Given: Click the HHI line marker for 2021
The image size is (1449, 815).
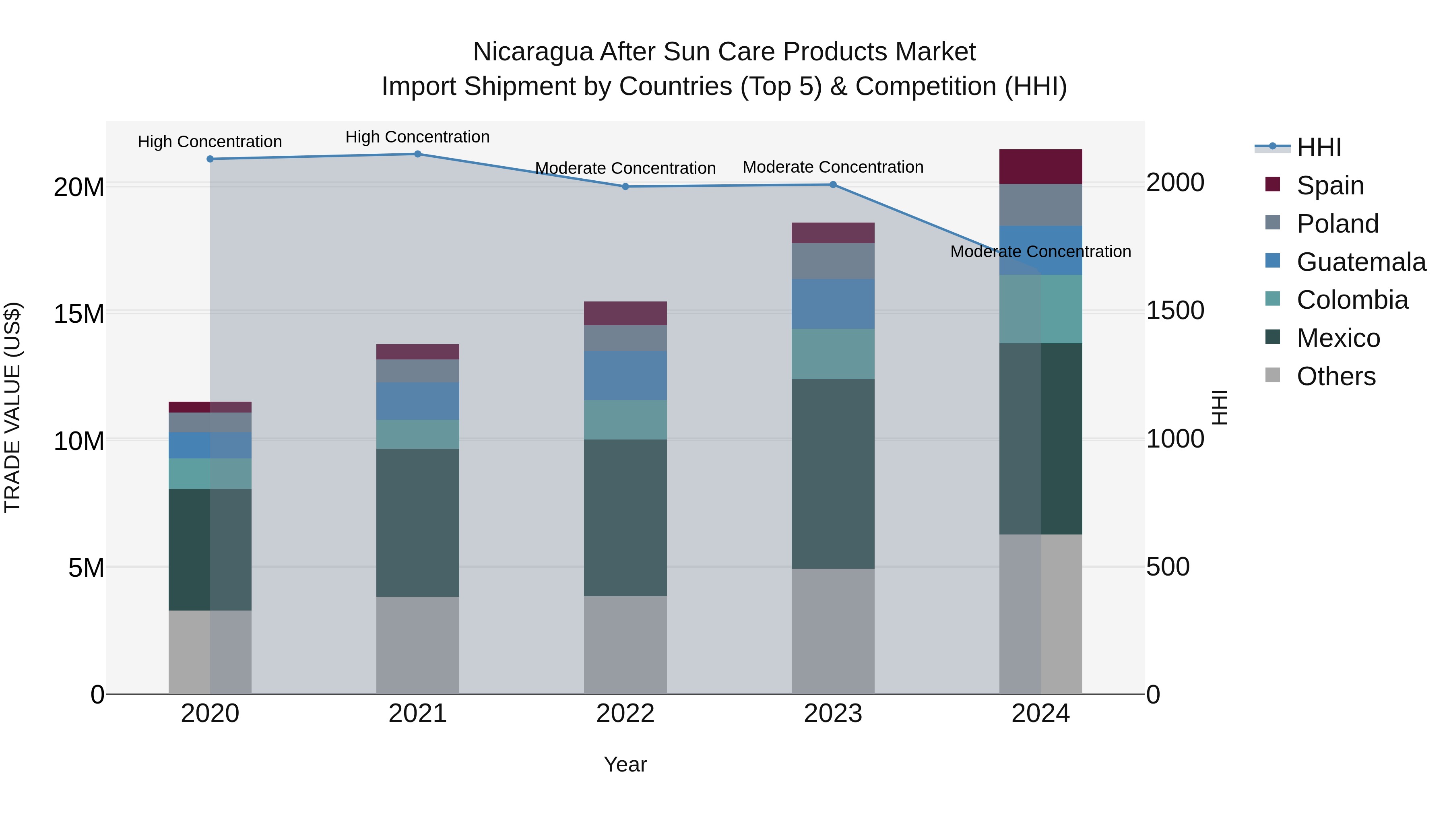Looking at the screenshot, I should tap(417, 154).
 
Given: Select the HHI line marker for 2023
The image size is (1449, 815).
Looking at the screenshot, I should tap(833, 184).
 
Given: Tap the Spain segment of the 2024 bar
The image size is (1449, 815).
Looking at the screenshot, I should tap(1040, 167).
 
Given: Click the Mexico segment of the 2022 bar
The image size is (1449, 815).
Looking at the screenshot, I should tap(625, 518).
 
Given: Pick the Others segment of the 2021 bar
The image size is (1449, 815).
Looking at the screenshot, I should tap(417, 645).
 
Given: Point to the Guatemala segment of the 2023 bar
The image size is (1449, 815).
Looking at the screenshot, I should tap(833, 304).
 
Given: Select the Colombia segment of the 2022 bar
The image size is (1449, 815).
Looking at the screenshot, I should tap(625, 420).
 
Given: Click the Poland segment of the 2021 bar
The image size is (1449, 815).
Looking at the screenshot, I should tap(417, 371).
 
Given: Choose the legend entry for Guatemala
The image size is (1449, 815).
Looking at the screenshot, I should tap(1361, 262).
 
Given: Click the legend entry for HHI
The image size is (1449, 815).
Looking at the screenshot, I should tap(1319, 147).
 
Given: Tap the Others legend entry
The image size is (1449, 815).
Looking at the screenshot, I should tap(1336, 376).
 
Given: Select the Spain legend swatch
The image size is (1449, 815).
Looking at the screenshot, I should tap(1272, 184).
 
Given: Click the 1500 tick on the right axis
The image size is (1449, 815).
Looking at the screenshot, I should tap(1175, 310).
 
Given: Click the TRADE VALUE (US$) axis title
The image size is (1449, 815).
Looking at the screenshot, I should tap(12, 407).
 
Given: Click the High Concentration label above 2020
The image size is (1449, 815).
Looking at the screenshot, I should tap(210, 142).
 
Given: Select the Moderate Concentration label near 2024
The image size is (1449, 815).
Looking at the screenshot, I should tap(1040, 252).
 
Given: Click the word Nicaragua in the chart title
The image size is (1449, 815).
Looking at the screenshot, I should tap(533, 52).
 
